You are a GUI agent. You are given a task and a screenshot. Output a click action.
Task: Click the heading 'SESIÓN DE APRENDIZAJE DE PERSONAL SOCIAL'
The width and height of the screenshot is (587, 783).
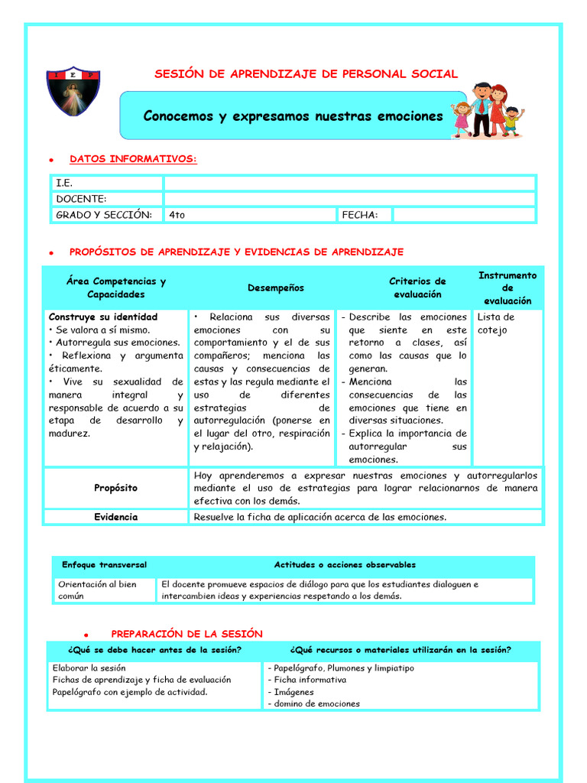306,74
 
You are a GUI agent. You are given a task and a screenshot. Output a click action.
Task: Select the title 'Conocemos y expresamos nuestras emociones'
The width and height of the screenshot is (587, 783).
293,116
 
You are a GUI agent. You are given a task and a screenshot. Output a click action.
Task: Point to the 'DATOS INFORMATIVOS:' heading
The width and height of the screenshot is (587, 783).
133,159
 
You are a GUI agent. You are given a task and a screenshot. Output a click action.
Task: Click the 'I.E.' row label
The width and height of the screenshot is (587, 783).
64,184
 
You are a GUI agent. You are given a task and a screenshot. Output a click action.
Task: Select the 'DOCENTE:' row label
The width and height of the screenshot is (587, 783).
81,199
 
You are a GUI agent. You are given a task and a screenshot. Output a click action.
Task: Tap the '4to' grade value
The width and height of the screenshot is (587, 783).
177,215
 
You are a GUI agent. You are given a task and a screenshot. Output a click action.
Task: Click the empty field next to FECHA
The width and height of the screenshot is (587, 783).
463,215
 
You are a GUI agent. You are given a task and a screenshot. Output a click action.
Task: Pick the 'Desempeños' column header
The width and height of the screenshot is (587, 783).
275,288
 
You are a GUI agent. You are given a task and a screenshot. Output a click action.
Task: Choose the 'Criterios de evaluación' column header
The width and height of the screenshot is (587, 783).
417,288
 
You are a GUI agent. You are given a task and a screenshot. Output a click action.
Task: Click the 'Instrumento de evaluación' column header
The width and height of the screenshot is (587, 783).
508,288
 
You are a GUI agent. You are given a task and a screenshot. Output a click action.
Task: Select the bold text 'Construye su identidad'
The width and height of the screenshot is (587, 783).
103,317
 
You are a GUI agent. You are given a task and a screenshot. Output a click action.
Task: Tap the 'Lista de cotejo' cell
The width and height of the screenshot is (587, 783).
496,323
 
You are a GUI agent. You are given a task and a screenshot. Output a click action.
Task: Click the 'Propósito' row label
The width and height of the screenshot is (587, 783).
116,487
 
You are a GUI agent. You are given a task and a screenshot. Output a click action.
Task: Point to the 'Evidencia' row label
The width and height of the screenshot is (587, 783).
116,517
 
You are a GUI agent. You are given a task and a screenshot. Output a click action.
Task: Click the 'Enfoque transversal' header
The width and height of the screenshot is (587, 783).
105,565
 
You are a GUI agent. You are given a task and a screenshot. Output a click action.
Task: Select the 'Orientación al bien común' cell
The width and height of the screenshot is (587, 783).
97,590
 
